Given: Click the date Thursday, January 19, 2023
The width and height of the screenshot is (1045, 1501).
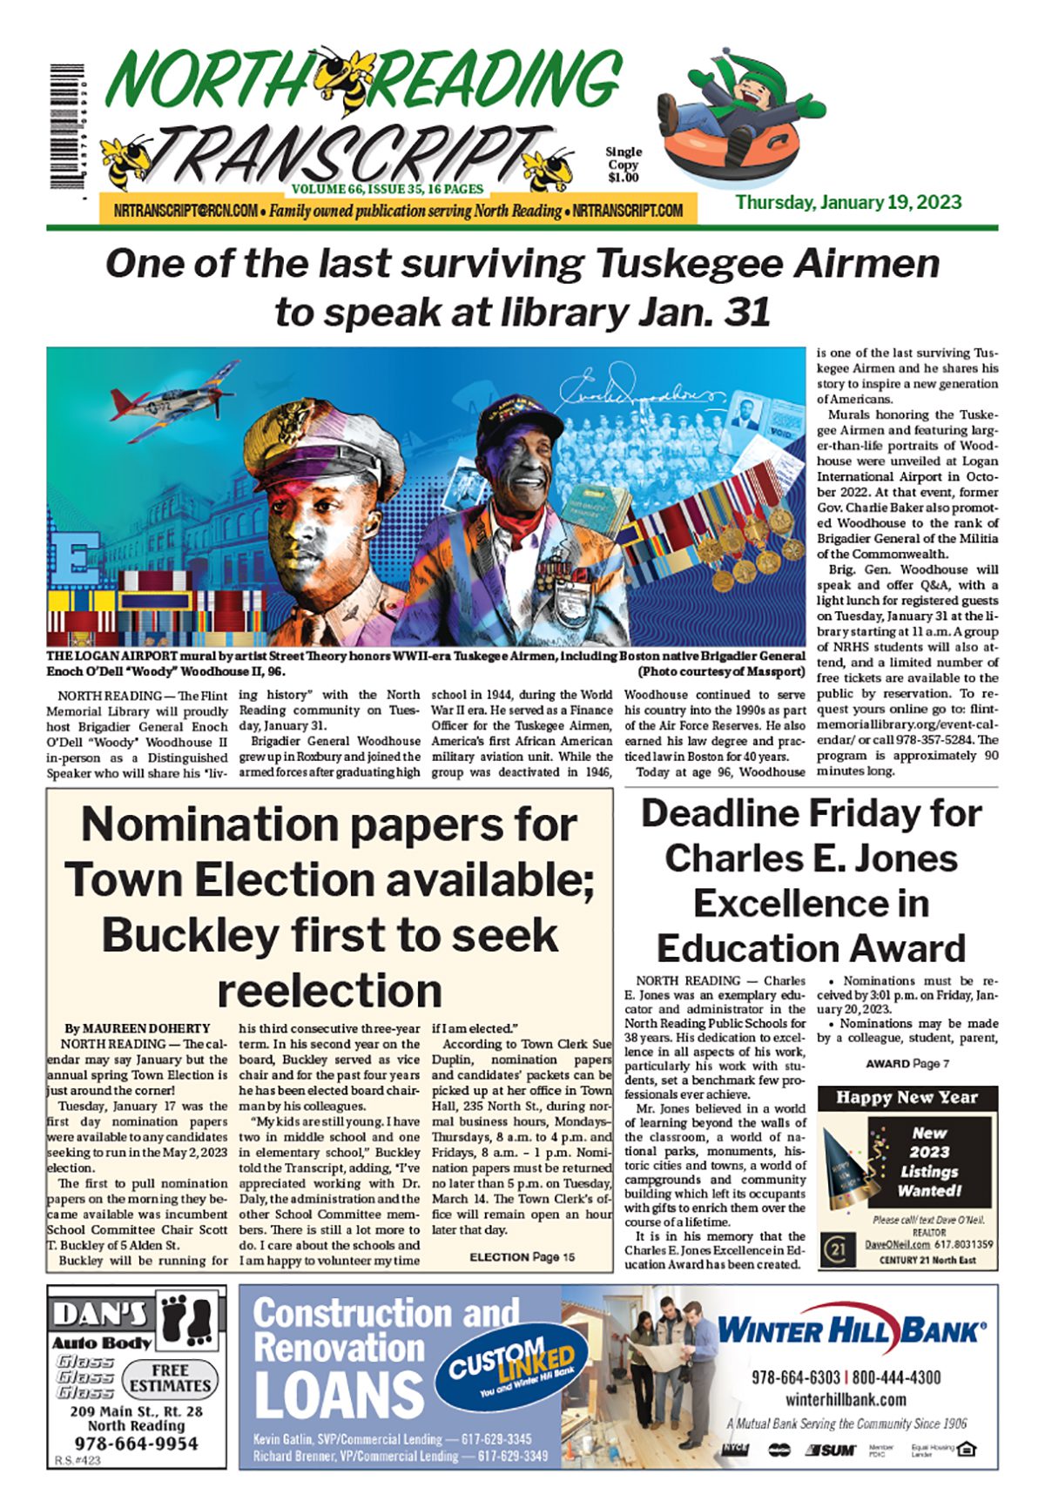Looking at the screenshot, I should click(x=848, y=203).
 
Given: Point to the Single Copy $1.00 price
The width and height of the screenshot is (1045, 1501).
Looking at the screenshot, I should click(x=624, y=165).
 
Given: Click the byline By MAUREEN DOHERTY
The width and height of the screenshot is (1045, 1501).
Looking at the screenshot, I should click(x=138, y=1028).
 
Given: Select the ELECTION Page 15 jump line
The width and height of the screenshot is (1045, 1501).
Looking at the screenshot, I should click(x=522, y=1256).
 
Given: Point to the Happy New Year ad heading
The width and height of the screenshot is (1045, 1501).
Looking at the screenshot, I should click(x=907, y=1097).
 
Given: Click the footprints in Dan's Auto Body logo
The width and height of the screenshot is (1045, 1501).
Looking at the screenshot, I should click(x=190, y=1319).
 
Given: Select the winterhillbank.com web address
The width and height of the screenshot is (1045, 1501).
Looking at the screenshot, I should click(x=845, y=1400).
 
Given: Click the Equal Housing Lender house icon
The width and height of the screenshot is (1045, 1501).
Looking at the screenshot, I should click(x=966, y=1450).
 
